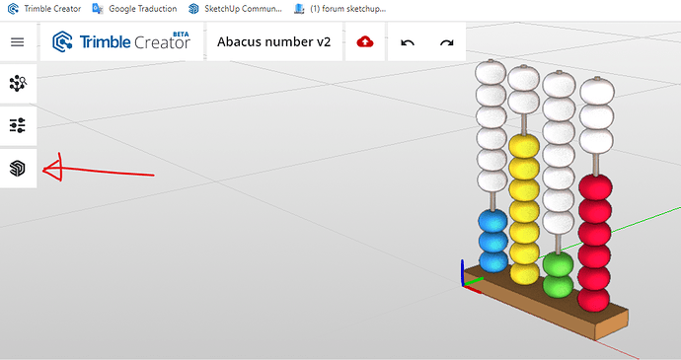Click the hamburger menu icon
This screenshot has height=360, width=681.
coord(18,42)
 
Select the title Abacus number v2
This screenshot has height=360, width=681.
coord(273,41)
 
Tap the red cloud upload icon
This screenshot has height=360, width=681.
coord(365,41)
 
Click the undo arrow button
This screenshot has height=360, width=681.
coord(408,42)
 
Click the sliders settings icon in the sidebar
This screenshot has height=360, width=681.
coord(18,125)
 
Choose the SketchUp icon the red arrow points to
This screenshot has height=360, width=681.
coord(18,169)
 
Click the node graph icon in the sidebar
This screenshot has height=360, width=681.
coord(18,83)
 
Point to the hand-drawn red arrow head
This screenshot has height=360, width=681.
coord(52,168)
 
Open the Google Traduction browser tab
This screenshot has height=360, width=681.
coord(135,9)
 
